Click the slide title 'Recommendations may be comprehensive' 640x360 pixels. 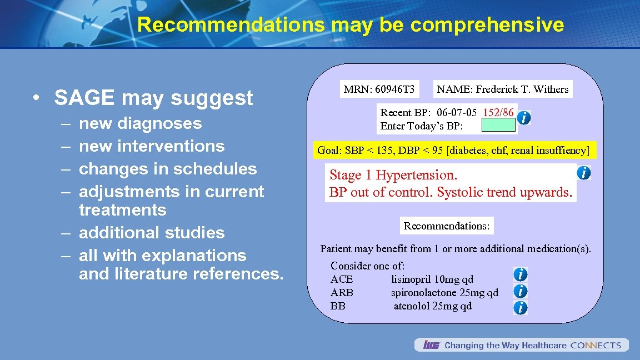tap(350, 25)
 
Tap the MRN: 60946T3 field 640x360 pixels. tap(379, 89)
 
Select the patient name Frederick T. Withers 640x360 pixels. tap(503, 89)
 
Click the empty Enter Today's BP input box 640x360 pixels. tap(498, 126)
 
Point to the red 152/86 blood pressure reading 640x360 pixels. tap(498, 113)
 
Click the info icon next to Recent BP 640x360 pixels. tap(523, 118)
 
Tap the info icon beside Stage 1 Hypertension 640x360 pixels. tap(583, 173)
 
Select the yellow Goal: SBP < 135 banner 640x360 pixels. tap(453, 150)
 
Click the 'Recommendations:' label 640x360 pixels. tap(447, 226)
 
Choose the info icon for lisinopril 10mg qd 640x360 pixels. tap(521, 274)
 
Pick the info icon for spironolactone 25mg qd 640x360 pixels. tap(521, 291)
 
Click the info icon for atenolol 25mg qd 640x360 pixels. tap(521, 307)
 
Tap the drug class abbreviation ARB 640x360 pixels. tap(342, 293)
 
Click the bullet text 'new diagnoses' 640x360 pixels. tap(141, 123)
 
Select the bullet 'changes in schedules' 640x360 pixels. tap(168, 169)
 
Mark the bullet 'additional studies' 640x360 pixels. tap(152, 233)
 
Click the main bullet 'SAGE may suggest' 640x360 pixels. tap(153, 98)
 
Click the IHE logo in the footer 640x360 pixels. tap(431, 345)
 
